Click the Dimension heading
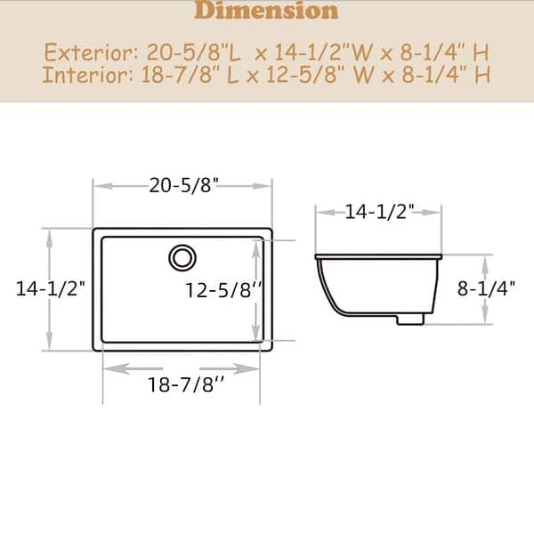point(266,11)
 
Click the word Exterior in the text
point(82,50)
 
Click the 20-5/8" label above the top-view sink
point(183,186)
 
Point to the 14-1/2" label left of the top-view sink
point(50,288)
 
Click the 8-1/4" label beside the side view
point(486,289)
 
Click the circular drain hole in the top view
point(182,257)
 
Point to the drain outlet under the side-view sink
point(409,318)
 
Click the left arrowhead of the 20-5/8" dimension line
point(98,186)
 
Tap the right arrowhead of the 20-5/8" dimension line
point(266,186)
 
